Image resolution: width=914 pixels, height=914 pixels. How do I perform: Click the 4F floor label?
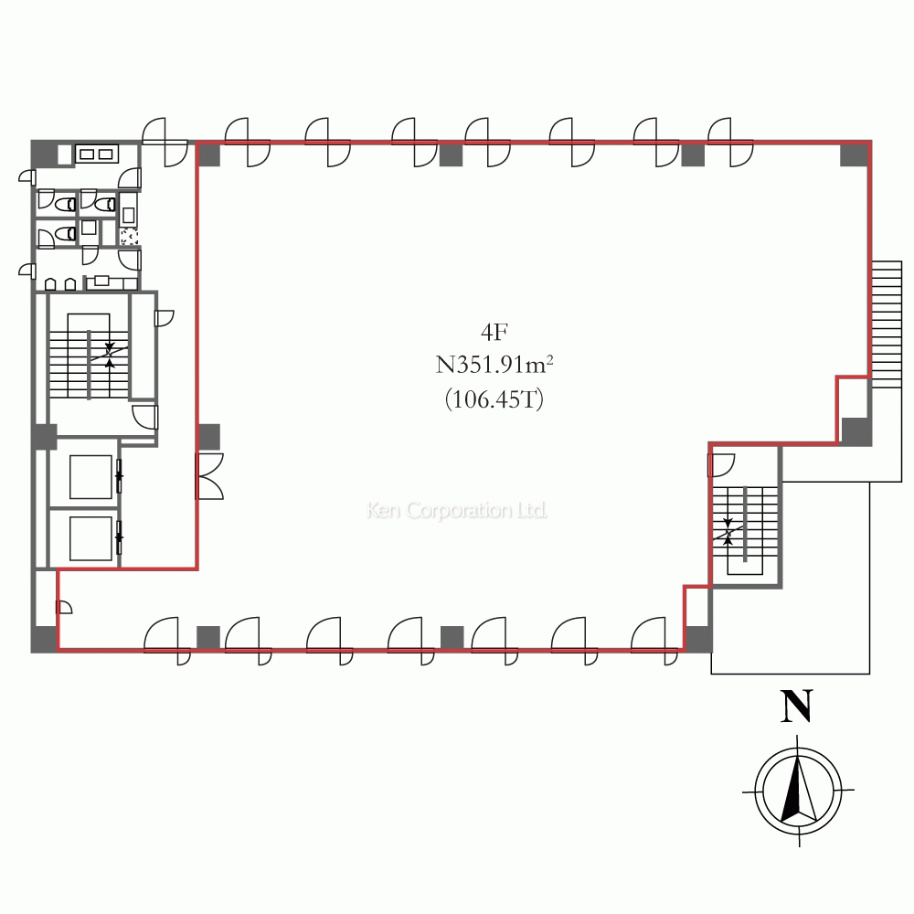(494, 333)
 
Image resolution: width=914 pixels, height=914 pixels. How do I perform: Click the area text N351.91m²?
(494, 365)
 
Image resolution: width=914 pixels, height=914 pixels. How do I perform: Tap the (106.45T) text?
(494, 400)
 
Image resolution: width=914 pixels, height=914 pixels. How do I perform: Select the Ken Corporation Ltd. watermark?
(457, 510)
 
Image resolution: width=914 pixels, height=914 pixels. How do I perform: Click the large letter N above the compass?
(796, 707)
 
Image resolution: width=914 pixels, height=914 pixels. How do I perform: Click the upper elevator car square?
(90, 477)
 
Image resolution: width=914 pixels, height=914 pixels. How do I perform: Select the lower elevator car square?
(90, 538)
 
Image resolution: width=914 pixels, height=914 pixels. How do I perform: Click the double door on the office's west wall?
(209, 475)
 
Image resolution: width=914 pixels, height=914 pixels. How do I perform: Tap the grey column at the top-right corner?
(854, 154)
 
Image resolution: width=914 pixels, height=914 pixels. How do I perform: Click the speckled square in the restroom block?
(129, 237)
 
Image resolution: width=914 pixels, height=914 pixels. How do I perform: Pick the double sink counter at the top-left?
(97, 154)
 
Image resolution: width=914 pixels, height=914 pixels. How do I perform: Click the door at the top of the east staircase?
(722, 465)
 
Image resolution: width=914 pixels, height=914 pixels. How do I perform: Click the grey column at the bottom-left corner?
(44, 639)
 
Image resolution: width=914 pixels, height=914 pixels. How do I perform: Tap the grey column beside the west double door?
(209, 437)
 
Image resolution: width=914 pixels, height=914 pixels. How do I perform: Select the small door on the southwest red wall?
(64, 606)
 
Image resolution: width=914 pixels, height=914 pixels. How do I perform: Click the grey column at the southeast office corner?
(697, 639)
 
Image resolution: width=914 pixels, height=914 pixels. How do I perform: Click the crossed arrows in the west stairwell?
(110, 353)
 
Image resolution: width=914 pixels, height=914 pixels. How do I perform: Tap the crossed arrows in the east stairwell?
(728, 532)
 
